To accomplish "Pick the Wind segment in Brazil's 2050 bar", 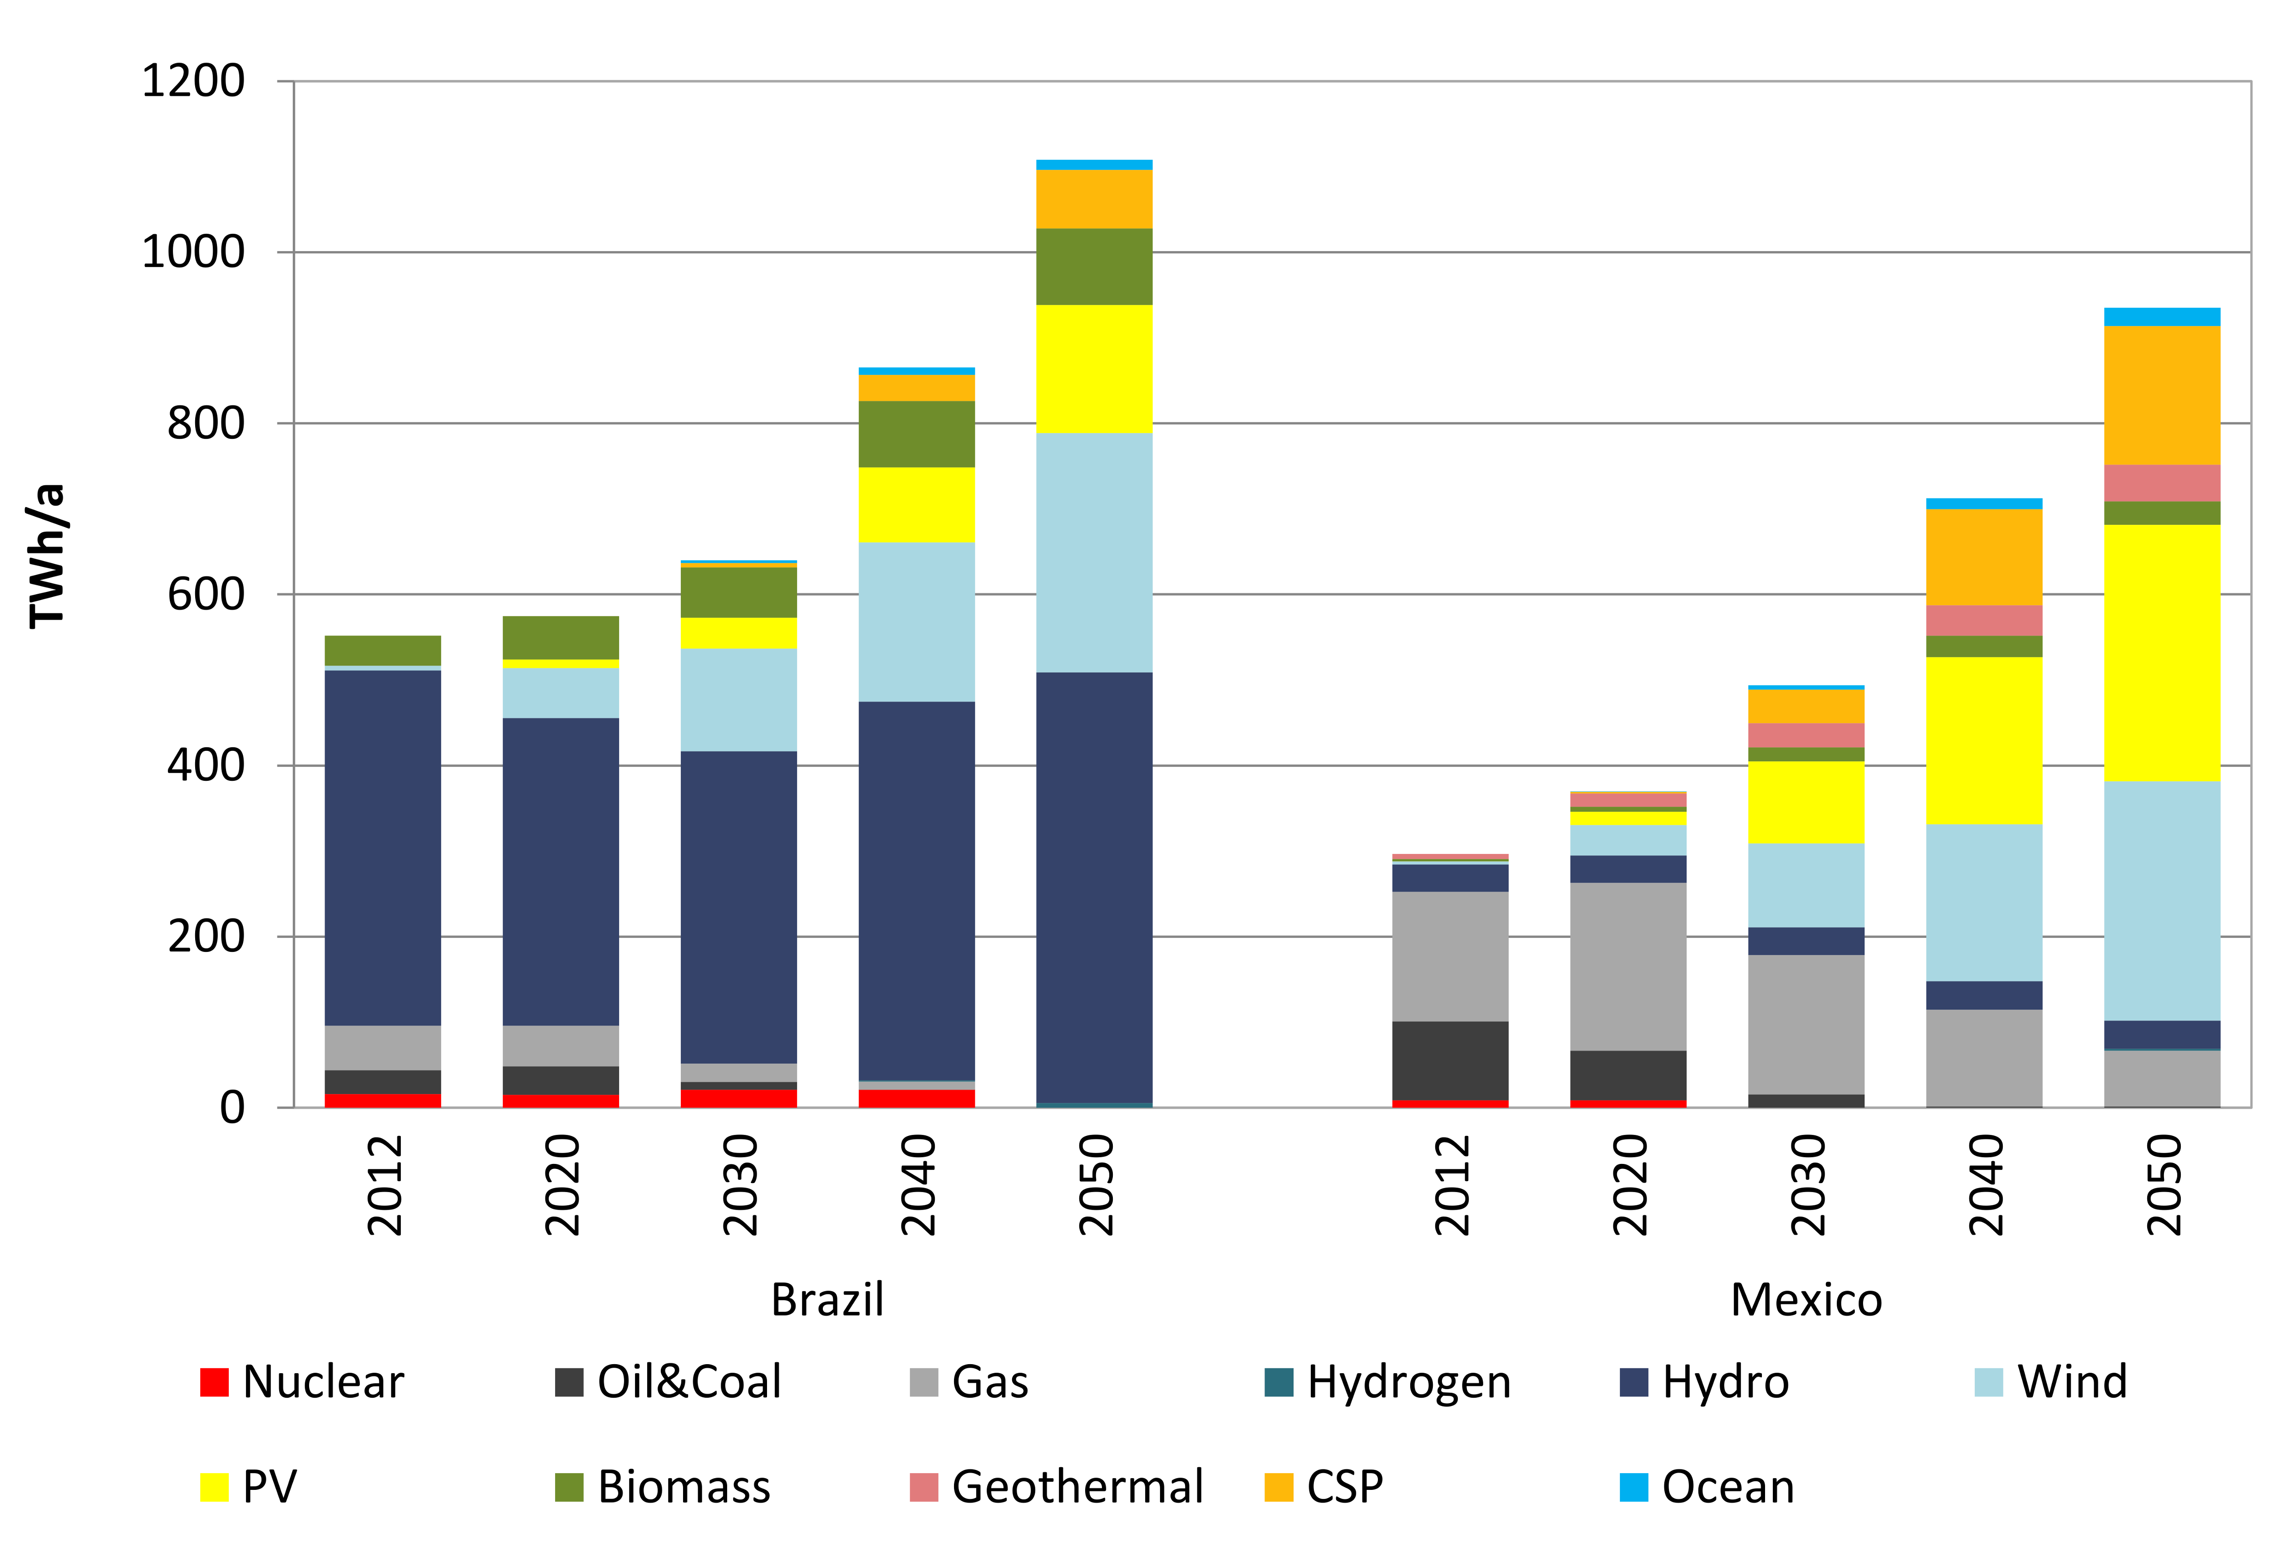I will click(x=1094, y=552).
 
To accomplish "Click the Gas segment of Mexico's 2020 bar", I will click(x=1628, y=966).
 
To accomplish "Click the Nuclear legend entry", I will click(x=302, y=1381).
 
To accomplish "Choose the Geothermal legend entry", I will click(x=1057, y=1487).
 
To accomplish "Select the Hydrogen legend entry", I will click(x=1387, y=1381).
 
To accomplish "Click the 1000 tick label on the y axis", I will click(x=194, y=252).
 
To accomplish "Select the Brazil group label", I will click(x=827, y=1300).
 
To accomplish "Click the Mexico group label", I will click(x=1806, y=1300).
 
